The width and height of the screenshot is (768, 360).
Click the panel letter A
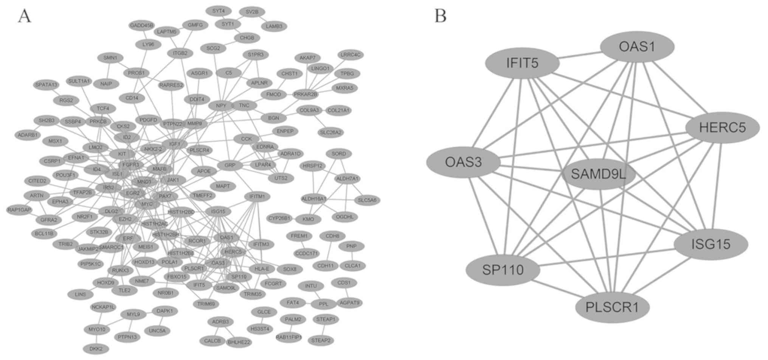pos(25,16)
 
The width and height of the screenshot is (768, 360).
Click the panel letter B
pos(440,16)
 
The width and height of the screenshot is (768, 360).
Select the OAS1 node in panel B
pos(637,47)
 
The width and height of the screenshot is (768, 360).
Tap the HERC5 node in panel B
pos(722,127)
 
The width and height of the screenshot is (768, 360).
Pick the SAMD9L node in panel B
pos(599,174)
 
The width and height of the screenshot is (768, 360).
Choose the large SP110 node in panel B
pos(503,270)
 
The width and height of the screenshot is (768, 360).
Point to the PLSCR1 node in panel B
pos(612,307)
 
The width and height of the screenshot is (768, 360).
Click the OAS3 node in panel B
pos(464,162)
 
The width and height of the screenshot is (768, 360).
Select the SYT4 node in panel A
pos(219,11)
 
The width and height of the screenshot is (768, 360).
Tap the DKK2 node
pos(96,349)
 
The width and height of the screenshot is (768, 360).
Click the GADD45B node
pos(141,26)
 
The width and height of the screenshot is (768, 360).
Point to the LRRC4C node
pos(351,55)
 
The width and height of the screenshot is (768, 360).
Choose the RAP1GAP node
pos(19,209)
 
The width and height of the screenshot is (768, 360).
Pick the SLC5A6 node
pos(367,200)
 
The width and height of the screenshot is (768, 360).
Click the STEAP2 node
pos(321,340)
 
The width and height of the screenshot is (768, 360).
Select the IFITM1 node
pos(257,196)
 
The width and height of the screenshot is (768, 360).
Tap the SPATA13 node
pos(46,85)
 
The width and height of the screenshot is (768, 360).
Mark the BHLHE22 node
pos(239,342)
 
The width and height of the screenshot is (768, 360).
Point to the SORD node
pos(338,154)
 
